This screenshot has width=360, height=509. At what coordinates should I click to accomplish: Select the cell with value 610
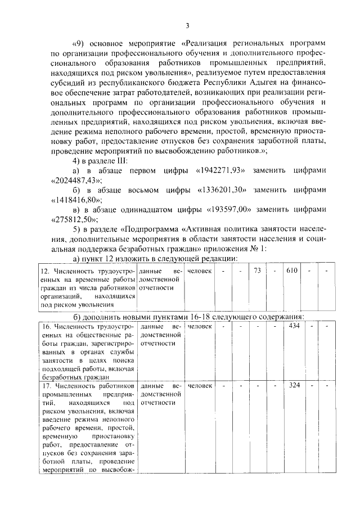click(x=292, y=271)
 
